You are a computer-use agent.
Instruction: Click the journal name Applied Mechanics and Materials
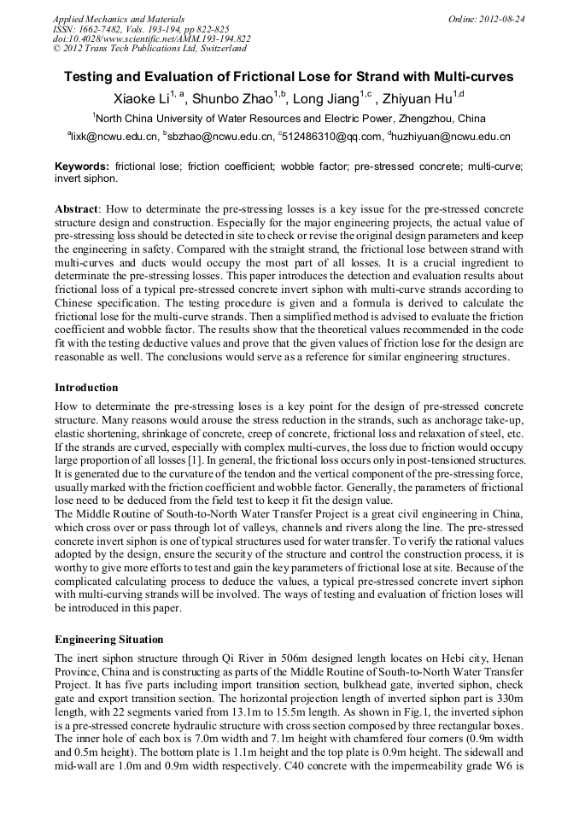coord(119,19)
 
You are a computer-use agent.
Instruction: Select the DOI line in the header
coord(151,39)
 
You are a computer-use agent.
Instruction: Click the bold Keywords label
coord(82,167)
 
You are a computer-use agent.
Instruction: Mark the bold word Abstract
coord(77,209)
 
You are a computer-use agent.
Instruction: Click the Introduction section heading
coord(86,387)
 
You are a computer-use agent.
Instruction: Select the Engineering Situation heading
coord(108,639)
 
